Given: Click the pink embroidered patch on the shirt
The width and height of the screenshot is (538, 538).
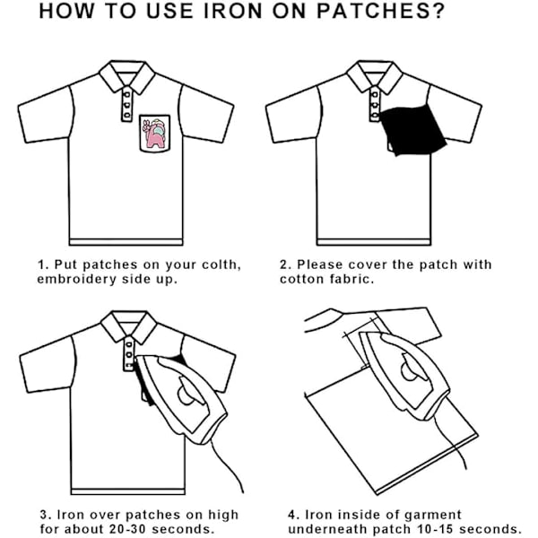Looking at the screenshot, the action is pos(155,134).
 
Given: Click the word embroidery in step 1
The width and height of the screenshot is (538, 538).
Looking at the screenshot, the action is pos(77,279).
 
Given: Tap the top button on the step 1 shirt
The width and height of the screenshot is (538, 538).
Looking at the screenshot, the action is pos(126,94).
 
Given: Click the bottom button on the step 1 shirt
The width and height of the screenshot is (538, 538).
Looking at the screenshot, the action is pos(127,115).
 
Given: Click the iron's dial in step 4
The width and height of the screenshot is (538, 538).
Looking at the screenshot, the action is pos(410,369).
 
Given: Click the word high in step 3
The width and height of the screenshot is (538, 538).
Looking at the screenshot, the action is pos(223,516).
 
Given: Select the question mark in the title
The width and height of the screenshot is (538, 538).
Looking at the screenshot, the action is pos(438,11).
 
